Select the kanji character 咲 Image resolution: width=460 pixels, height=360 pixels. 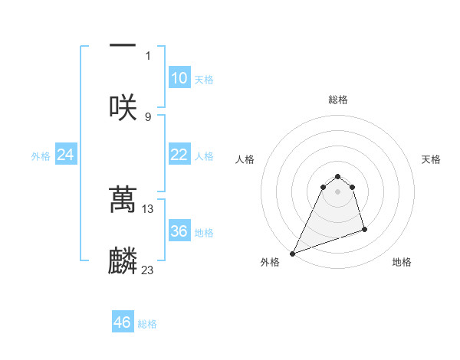(x=123, y=107)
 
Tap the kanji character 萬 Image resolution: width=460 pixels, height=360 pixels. (x=123, y=200)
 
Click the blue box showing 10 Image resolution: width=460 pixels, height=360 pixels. (x=179, y=78)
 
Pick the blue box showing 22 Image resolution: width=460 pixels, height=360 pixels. (x=179, y=155)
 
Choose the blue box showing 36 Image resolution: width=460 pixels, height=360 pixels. (x=179, y=231)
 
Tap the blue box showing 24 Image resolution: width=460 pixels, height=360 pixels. (x=66, y=155)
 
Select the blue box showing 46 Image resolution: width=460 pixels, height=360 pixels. (x=123, y=322)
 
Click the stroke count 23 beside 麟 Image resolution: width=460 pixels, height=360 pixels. (x=148, y=270)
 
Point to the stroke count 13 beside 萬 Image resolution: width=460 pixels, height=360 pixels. (x=148, y=208)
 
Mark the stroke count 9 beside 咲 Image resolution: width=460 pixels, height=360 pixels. (x=148, y=116)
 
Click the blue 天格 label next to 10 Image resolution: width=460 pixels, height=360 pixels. (x=204, y=79)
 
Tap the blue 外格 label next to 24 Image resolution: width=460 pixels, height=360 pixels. (x=41, y=156)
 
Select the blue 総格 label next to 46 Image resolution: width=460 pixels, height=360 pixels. (x=147, y=323)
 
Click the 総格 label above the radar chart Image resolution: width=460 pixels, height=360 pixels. (x=337, y=100)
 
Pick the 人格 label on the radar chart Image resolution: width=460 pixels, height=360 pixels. (x=244, y=159)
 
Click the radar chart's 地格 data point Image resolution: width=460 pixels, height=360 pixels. (x=364, y=229)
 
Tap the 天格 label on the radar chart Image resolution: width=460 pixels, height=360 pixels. (x=432, y=159)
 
